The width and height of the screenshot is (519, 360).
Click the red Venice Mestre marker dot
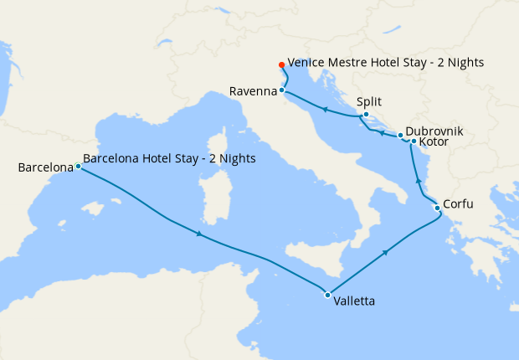(x=280, y=64)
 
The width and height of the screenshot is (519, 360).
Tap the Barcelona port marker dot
(x=78, y=166)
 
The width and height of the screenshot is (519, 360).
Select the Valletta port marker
(x=326, y=294)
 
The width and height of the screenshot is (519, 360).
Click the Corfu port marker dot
(x=437, y=208)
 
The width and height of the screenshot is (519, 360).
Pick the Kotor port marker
(x=414, y=141)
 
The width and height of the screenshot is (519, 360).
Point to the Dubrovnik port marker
(x=400, y=135)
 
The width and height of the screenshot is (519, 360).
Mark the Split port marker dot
(x=366, y=115)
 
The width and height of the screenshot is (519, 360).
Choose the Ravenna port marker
(x=282, y=90)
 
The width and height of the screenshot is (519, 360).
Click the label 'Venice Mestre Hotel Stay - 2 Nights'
(x=386, y=63)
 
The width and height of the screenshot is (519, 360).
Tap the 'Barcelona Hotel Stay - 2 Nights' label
(x=170, y=158)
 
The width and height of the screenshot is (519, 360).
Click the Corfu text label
(x=462, y=203)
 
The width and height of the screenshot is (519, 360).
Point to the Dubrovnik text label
(x=434, y=131)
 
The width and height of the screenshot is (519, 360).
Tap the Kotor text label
(x=434, y=143)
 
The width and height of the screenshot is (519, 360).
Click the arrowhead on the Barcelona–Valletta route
(x=198, y=234)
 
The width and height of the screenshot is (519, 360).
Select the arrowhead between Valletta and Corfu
(x=385, y=251)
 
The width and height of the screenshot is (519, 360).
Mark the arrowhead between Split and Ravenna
(x=325, y=109)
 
